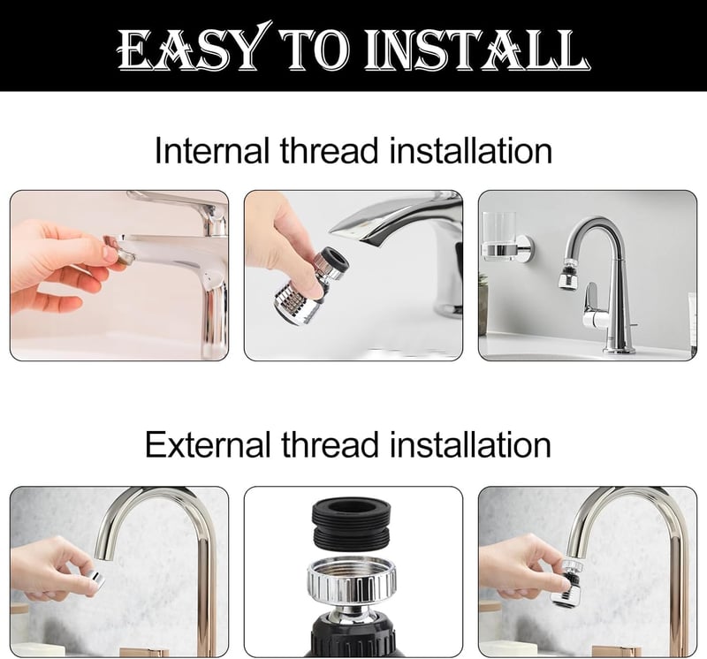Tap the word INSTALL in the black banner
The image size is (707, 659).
[476, 49]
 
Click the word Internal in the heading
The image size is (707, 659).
[212, 150]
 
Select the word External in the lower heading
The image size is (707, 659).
[208, 444]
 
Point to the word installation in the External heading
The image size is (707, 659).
[470, 444]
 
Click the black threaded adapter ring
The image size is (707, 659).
[351, 522]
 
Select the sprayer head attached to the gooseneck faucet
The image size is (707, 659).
[567, 274]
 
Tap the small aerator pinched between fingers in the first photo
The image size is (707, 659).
[123, 253]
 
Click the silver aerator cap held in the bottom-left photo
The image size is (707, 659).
[95, 579]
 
